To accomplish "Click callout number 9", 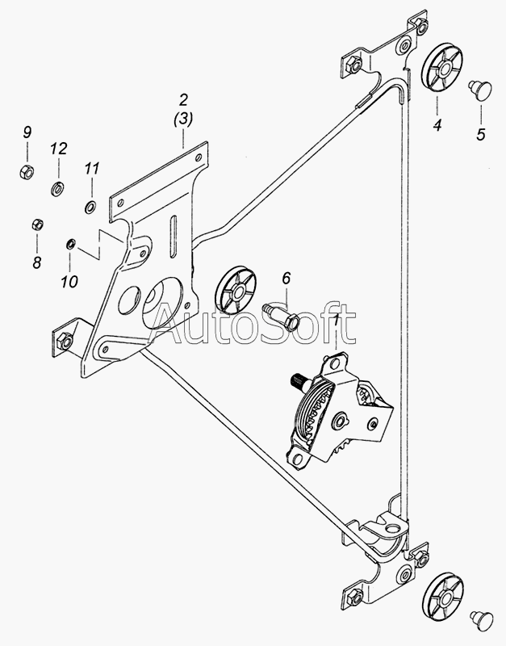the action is click(x=27, y=132).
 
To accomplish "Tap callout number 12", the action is click(x=59, y=149).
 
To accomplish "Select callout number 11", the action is click(x=92, y=168).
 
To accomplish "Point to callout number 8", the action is click(x=37, y=262).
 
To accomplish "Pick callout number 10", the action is click(x=69, y=282).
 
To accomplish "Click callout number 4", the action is click(x=437, y=124).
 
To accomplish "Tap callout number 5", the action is click(x=480, y=134).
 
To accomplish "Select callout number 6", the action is click(x=286, y=279).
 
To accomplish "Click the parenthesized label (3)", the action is click(x=183, y=120).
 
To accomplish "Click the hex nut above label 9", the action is click(x=27, y=171).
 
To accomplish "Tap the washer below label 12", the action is click(x=57, y=189).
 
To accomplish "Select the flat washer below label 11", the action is click(x=90, y=207).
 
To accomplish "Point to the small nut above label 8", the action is click(x=38, y=224).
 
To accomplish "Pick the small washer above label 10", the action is click(x=70, y=244).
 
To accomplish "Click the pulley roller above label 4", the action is click(x=441, y=70).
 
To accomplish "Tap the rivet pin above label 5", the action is click(x=481, y=87).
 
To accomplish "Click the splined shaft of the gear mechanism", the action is click(x=299, y=382).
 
